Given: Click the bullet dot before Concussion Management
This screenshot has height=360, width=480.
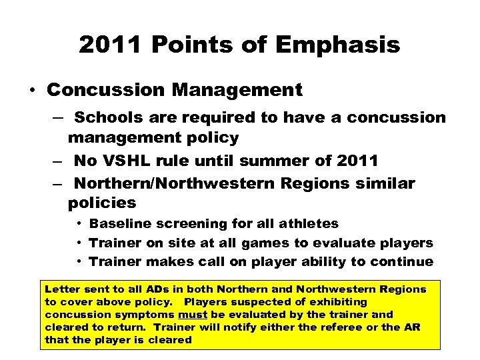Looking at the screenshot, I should [32, 89].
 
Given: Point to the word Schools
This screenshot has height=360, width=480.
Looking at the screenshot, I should [108, 118].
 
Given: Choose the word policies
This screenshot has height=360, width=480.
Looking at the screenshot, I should [101, 203].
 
